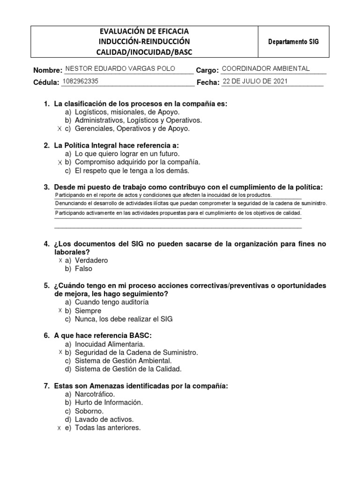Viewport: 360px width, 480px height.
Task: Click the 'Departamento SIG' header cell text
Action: [x=293, y=42]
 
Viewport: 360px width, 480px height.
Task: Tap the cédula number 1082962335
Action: [x=80, y=81]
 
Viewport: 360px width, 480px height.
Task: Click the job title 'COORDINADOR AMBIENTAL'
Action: [x=265, y=68]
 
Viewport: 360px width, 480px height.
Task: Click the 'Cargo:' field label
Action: [x=207, y=70]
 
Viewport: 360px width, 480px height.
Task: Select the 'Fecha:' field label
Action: [x=208, y=82]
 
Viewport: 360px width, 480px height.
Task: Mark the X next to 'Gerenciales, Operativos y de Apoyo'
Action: [x=59, y=128]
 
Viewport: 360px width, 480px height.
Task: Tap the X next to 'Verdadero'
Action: [x=61, y=260]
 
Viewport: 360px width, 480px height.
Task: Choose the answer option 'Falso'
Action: [x=83, y=269]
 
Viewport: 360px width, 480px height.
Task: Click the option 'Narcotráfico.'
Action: [x=95, y=394]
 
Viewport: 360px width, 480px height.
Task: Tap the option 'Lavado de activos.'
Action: [x=104, y=420]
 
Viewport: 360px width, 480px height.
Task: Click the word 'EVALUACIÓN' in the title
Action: [x=123, y=31]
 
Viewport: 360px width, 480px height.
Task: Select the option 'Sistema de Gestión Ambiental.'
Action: [x=123, y=360]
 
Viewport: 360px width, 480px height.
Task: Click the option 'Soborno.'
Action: [x=89, y=411]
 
